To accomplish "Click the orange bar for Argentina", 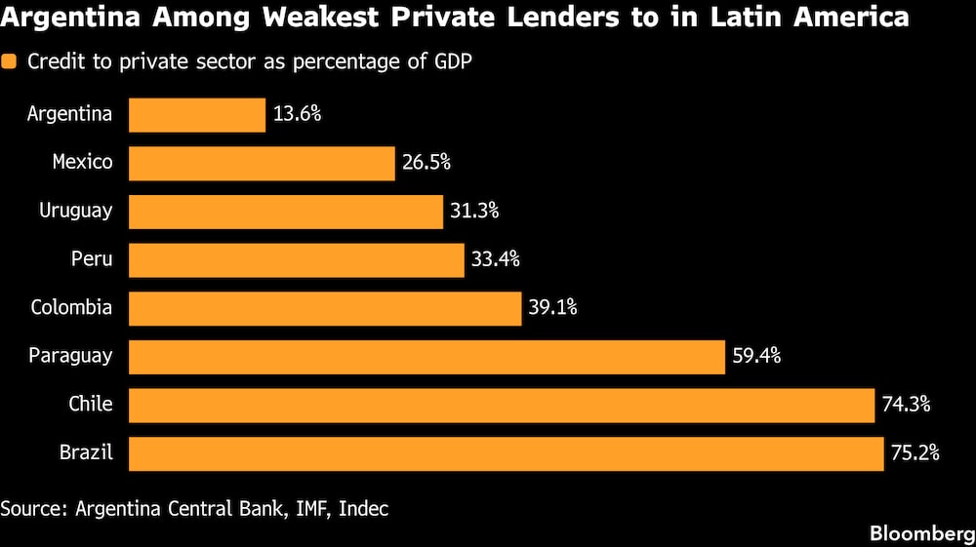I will pos(196,114).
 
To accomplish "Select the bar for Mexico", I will pos(262,163).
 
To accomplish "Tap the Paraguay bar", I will pos(427,357).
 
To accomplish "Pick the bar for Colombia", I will pos(325,308).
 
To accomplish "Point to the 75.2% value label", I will pos(915,453).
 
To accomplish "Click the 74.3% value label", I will pos(905,405).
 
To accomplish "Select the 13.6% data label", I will pos(296,114).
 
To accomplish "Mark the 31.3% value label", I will pos(474,211).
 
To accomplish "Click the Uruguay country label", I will pos(75,211).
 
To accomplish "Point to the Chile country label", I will pos(90,405).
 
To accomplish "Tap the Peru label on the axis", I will pos(92,259).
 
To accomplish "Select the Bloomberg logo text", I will pos(921,532).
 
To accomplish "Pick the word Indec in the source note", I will pos(363,508).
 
